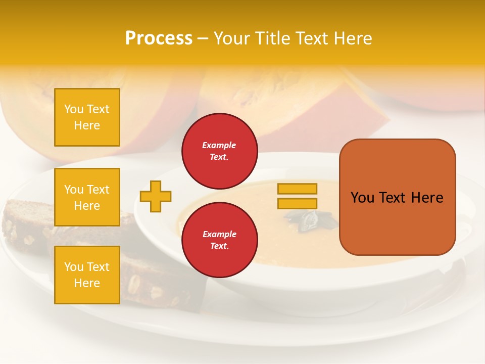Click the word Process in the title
pos(159,38)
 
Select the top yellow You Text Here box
pos(87,117)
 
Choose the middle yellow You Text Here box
pos(87,197)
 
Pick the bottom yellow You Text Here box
pos(87,275)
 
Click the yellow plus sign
pos(156,196)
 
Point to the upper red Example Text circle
pos(219,151)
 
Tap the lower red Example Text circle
pos(219,240)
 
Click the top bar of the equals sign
pos(297,189)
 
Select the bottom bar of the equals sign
pos(297,204)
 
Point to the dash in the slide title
pos(203,39)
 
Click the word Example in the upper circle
pos(219,145)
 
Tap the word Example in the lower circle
pos(219,234)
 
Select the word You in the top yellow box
pos(74,109)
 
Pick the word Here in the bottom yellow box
pos(87,283)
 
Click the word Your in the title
pos(232,38)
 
